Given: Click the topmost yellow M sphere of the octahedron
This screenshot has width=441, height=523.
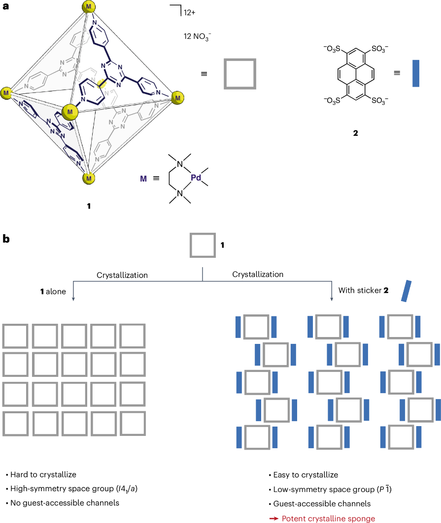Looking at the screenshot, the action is [x=89, y=6].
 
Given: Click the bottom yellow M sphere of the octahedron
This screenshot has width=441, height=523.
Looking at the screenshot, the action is [x=89, y=178].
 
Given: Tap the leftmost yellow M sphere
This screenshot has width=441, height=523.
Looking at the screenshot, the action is [x=6, y=93].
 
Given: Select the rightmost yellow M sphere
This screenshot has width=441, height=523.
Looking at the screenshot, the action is [x=178, y=98].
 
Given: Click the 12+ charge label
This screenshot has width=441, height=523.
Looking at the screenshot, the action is [x=189, y=13].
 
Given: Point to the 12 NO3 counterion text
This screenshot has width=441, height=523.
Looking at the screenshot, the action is [x=197, y=37].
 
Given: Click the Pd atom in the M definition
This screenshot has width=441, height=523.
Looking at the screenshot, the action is [x=196, y=178].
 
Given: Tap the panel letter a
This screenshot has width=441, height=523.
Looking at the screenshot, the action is [x=6, y=6].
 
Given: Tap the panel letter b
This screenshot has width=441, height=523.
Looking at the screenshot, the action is [x=6, y=239].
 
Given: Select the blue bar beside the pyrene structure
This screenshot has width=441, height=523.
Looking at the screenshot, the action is [x=416, y=73].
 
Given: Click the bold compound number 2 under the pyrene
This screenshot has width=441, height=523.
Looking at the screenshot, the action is [x=355, y=133].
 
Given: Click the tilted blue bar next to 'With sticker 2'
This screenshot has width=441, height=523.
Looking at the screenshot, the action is [x=406, y=291].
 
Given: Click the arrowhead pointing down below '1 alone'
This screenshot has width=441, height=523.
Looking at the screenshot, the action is [x=73, y=299].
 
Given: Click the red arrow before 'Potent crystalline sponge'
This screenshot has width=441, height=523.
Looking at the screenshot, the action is [x=274, y=519].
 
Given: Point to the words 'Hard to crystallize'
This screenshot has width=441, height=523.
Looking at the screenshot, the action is [x=43, y=475].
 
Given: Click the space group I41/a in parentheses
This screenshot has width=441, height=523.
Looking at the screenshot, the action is [x=127, y=489].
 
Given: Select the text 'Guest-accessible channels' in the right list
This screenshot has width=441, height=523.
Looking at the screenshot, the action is [x=322, y=504].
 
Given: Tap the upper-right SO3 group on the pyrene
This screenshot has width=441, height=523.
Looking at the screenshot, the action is [x=380, y=49].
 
